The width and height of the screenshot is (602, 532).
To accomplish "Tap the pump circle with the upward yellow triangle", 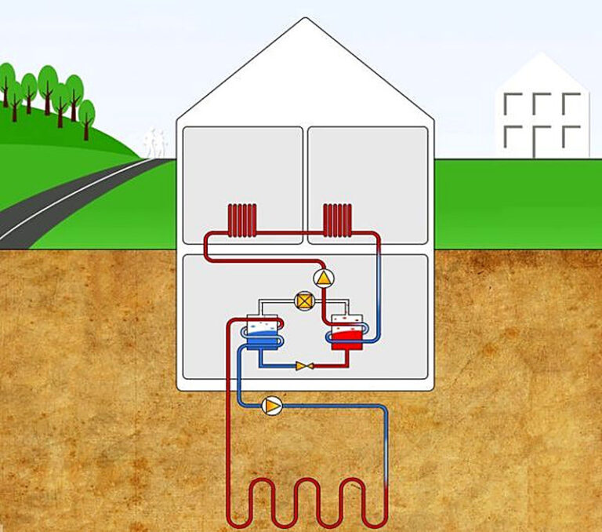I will click(x=322, y=277).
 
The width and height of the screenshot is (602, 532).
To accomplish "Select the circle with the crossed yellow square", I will click(x=303, y=300).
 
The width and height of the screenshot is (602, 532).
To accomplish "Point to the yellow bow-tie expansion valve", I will click(x=303, y=365).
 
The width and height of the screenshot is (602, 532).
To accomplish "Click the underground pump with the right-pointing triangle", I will click(x=272, y=405).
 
